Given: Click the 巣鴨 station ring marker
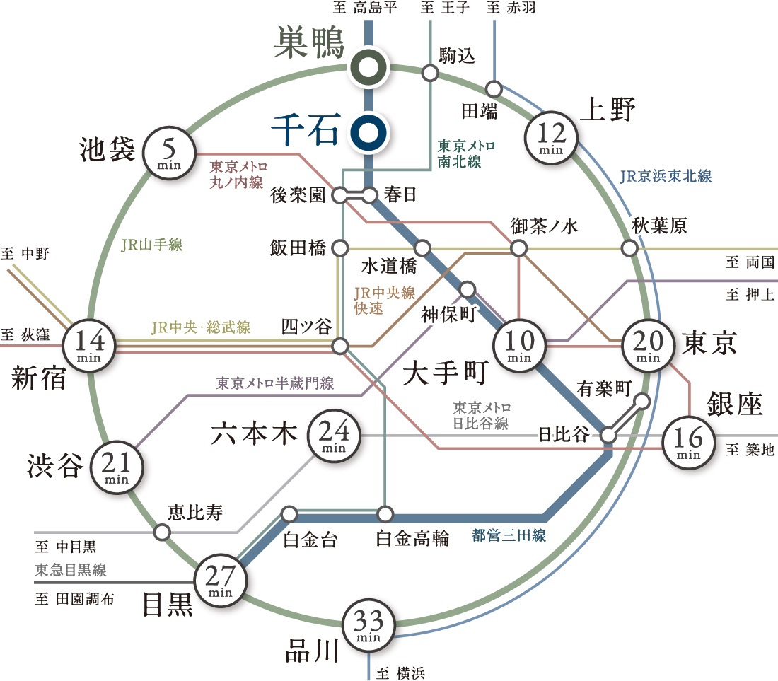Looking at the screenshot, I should click(x=368, y=67).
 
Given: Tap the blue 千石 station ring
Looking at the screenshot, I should click(x=368, y=131).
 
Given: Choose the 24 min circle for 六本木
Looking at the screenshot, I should click(x=332, y=435).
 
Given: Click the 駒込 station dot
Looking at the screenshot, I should click(x=429, y=73).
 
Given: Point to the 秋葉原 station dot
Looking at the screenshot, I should click(x=629, y=248).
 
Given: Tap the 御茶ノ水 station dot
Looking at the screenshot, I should click(x=520, y=248).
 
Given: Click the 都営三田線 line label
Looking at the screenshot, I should click(x=509, y=535).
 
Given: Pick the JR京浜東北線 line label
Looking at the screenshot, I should click(x=666, y=177).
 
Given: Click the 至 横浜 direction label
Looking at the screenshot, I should click(x=401, y=673).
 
